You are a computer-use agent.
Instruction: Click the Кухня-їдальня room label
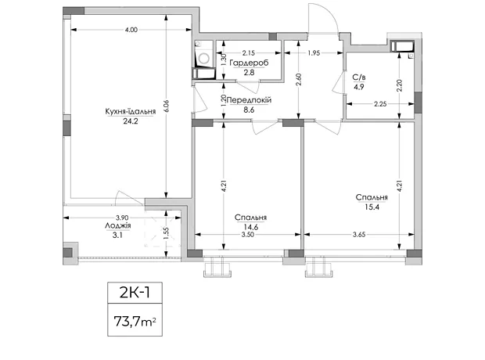click(130, 111)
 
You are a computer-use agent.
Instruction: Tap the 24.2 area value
click(131, 121)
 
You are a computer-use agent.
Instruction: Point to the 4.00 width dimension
click(131, 30)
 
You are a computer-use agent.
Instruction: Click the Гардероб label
click(249, 63)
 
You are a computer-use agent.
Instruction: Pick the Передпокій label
click(249, 100)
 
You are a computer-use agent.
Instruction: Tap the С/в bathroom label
click(359, 77)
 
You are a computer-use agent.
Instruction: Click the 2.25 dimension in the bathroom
click(380, 104)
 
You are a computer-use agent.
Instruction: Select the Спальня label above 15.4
click(372, 197)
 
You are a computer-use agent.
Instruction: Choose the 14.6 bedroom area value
click(250, 227)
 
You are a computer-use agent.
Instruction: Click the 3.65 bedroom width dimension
click(359, 235)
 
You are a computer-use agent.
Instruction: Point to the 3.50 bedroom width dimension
click(248, 235)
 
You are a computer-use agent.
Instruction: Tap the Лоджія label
click(118, 225)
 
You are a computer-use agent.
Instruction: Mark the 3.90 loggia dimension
click(122, 218)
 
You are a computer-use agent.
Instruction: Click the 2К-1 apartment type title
click(135, 293)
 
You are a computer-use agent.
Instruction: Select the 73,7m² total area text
click(135, 321)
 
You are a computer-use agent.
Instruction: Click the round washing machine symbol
click(204, 59)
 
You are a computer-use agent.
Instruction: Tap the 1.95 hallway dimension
click(314, 53)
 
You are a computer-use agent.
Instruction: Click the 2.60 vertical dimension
click(299, 79)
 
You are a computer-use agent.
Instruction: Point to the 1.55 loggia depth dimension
click(166, 233)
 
